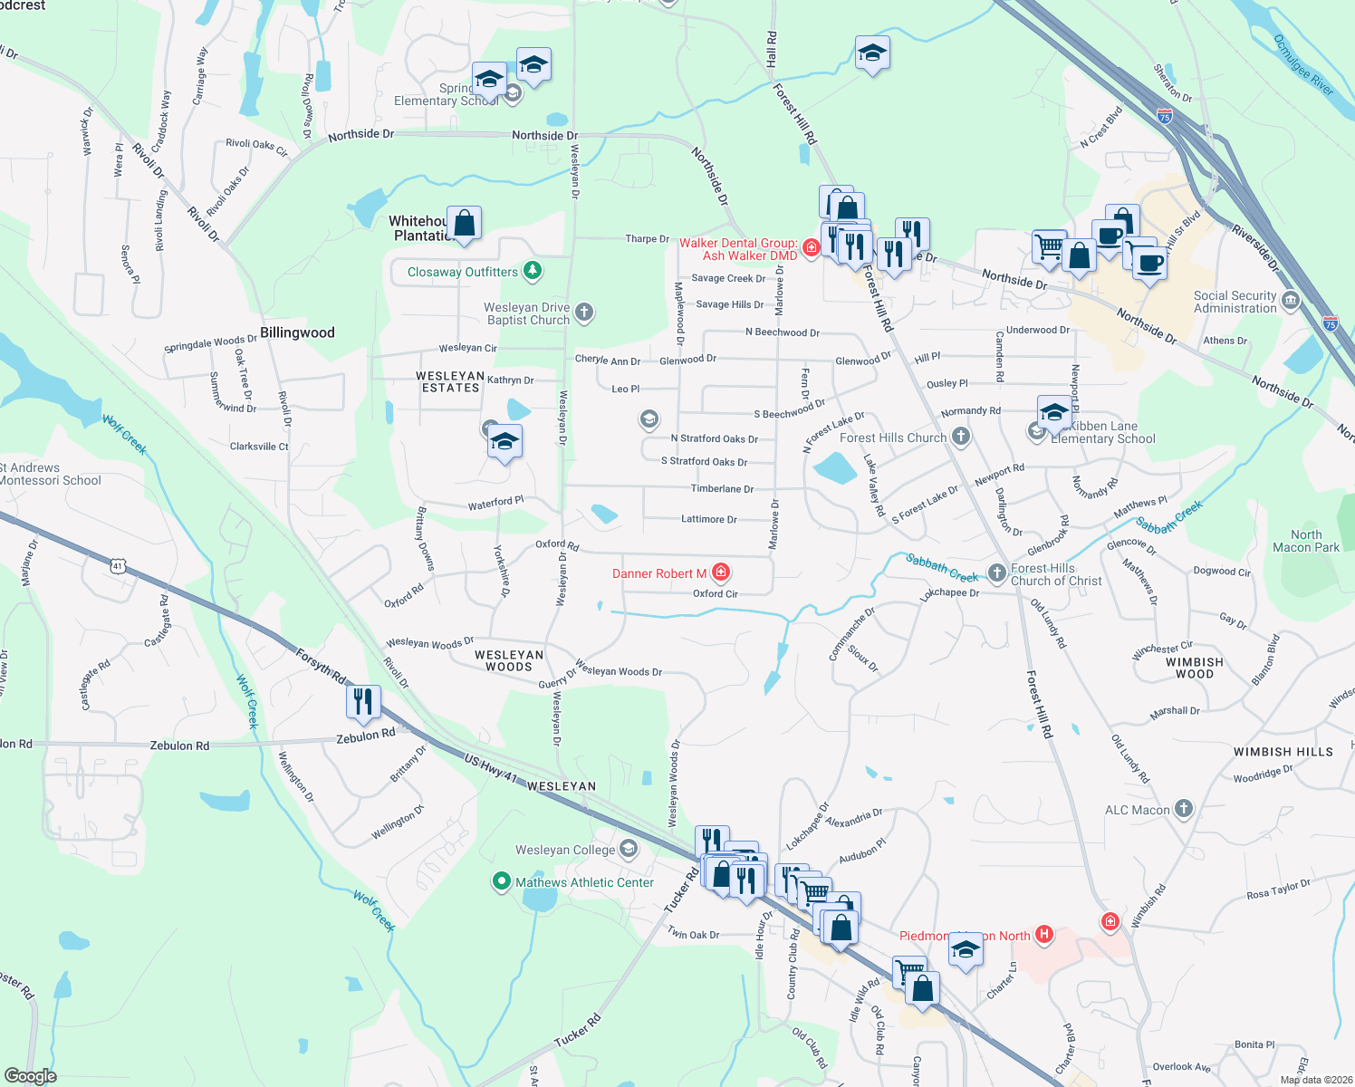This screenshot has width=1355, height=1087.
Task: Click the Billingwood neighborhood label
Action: click(297, 332)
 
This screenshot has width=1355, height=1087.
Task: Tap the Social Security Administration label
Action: click(1235, 302)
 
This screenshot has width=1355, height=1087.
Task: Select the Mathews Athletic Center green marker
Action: click(501, 881)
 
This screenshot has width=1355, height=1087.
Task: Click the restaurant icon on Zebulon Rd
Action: click(362, 701)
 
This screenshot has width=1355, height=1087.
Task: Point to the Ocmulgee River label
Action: click(1303, 65)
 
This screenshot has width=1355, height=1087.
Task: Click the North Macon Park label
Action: click(1305, 541)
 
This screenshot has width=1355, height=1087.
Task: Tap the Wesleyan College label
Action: click(565, 850)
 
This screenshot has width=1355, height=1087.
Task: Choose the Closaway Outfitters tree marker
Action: click(533, 271)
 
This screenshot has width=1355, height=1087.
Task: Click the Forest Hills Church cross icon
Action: click(960, 438)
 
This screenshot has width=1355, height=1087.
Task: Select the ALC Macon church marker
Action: click(1184, 809)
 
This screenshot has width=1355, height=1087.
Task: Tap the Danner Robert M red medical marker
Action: click(721, 572)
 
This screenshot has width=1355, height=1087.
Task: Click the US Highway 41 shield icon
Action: click(117, 566)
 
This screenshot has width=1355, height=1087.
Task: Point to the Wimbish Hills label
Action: click(1283, 752)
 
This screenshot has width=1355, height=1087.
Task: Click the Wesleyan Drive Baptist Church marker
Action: click(584, 313)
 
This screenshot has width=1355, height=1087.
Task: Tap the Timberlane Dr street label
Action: click(722, 489)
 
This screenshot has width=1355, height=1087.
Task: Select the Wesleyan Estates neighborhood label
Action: click(450, 381)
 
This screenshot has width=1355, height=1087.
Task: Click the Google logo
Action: click(30, 1076)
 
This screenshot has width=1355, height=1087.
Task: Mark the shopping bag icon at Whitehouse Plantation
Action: click(464, 223)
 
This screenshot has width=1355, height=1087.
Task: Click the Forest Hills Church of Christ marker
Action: click(996, 572)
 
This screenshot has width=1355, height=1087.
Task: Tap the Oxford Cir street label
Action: click(715, 594)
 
